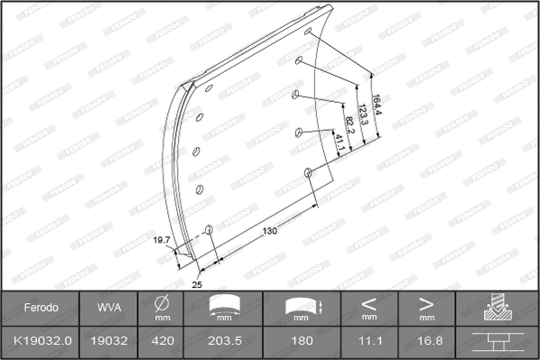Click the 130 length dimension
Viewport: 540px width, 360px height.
[x=270, y=231]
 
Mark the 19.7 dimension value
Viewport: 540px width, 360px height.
[x=162, y=240]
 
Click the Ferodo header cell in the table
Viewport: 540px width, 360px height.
[x=41, y=308]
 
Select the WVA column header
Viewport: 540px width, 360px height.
[x=107, y=308]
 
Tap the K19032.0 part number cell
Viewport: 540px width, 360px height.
[x=41, y=341]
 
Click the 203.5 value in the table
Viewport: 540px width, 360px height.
[x=224, y=341]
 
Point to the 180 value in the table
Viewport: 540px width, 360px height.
[x=303, y=341]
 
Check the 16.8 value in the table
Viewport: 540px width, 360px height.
[x=427, y=341]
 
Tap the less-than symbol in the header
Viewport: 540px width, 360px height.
[x=369, y=303]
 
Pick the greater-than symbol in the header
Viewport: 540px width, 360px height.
[x=427, y=303]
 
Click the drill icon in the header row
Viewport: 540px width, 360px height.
[x=497, y=308]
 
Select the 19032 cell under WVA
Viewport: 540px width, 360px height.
[x=107, y=341]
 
